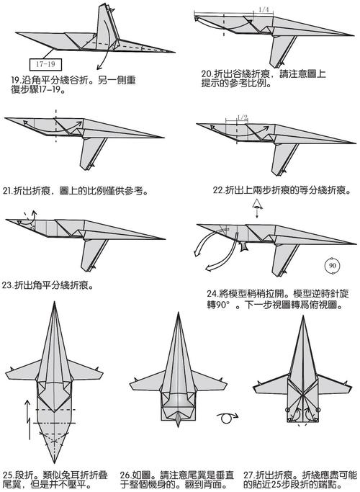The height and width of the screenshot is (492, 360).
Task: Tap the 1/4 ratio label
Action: pos(263,9)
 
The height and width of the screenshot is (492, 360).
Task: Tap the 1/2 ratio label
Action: pos(242,117)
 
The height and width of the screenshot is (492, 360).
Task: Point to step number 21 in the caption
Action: pos(8,191)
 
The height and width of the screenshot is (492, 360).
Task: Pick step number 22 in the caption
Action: pos(218,191)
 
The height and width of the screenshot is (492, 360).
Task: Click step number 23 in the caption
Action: pos(9,284)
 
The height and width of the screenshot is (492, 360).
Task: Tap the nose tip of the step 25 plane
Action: pos(55,305)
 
